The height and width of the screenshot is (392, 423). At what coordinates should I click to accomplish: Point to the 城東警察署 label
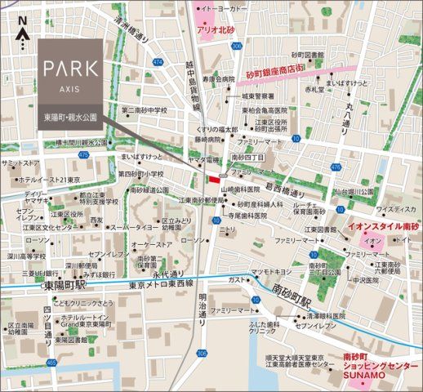(237, 96)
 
